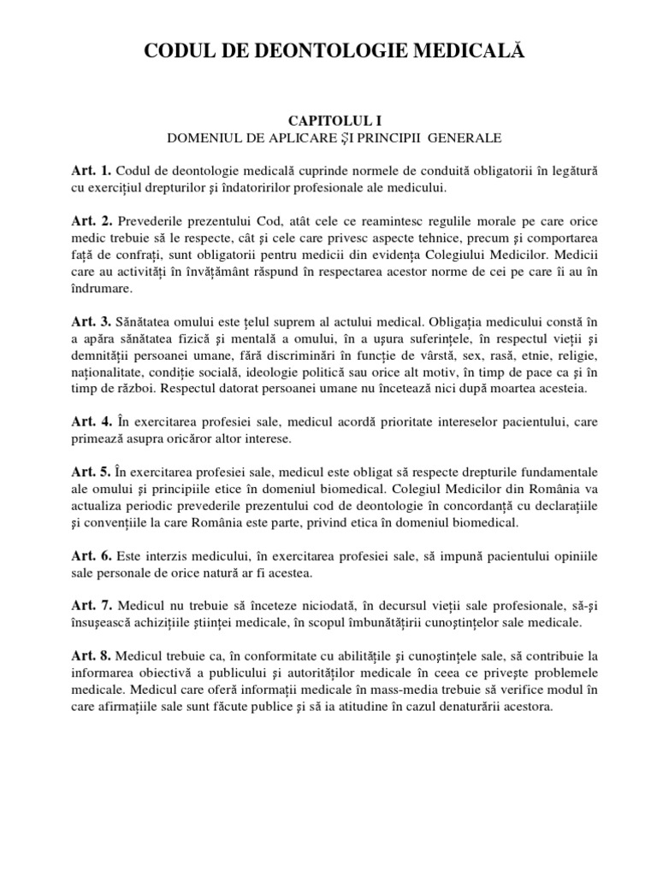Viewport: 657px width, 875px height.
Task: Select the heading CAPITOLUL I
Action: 328,122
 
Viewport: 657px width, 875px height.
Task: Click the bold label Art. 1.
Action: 92,172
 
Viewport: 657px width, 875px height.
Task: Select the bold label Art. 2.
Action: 92,221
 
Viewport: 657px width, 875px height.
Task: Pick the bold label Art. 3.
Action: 92,321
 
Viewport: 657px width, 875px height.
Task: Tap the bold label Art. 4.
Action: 92,421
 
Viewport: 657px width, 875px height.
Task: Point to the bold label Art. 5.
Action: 92,472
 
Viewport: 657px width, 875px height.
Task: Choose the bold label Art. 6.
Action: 92,555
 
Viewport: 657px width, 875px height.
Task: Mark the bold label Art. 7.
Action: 92,605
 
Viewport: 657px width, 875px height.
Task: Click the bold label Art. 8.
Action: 92,655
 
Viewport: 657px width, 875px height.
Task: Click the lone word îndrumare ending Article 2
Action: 102,288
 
